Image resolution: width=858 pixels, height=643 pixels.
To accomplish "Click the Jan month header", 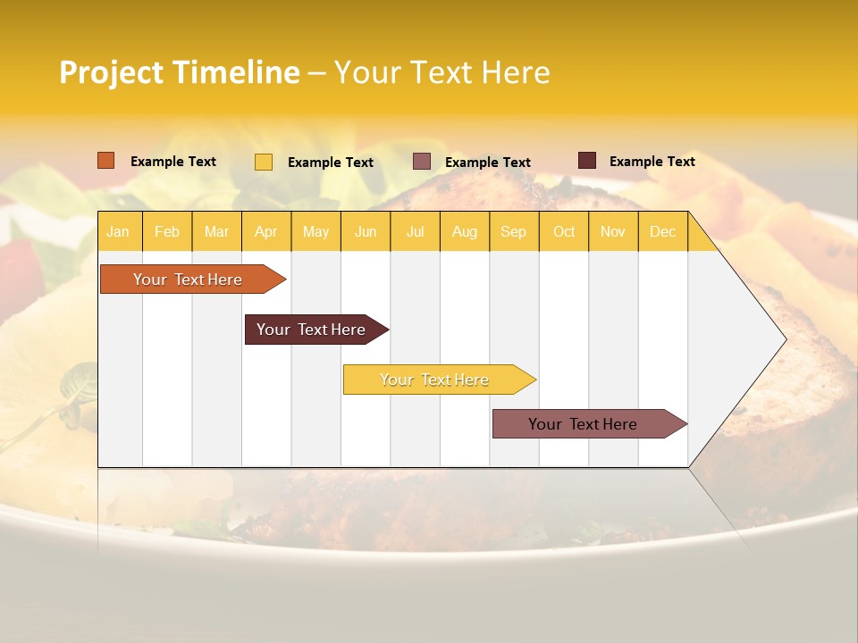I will pos(118,231).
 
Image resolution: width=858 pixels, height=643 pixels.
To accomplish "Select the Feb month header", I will pos(167,231).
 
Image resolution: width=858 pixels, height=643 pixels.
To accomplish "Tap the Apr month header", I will pos(265,231).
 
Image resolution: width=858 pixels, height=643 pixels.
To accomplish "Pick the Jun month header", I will pos(366,231).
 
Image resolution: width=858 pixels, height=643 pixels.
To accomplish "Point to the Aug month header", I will pos(464,231).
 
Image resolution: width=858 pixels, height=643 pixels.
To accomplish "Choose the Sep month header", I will pos(513,231).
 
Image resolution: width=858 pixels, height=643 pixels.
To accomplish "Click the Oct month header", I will pos(564,231).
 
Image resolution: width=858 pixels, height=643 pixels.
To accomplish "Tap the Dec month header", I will pos(662,231).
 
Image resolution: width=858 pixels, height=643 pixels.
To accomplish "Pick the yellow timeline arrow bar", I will pos(435,380).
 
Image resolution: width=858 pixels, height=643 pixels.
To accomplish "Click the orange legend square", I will pos(105,161).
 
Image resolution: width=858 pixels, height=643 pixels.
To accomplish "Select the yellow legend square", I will pos(264,162).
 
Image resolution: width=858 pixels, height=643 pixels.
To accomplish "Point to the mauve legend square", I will pos(422,162).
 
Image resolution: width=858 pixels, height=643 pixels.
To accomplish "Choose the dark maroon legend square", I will pos(587,161).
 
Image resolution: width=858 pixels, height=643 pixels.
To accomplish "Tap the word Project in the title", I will pos(110,72).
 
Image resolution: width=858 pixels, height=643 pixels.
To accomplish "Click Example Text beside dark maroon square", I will pos(652,162).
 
